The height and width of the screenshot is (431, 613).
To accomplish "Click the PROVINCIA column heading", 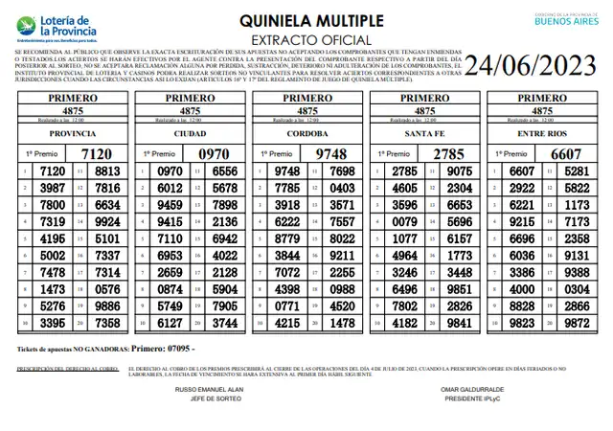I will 71,134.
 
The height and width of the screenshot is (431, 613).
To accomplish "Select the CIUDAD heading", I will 189,134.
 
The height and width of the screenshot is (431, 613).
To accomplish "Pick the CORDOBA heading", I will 307,134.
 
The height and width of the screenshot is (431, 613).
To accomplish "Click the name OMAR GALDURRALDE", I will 471,390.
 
